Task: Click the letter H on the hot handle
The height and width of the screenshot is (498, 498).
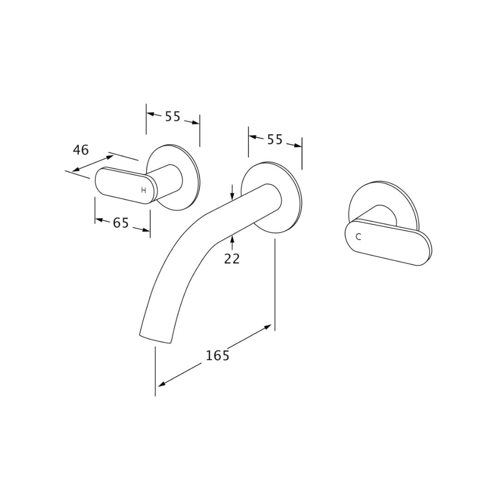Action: click(x=143, y=190)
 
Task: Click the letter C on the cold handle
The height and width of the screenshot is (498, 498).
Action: click(x=359, y=237)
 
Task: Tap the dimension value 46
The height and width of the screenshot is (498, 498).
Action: click(x=81, y=150)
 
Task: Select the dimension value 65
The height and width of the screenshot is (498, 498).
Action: click(x=121, y=223)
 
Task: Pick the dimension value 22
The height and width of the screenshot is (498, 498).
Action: click(x=232, y=259)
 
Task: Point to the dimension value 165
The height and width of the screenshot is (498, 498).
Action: click(x=218, y=356)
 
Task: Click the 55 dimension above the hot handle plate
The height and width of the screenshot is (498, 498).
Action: click(x=173, y=117)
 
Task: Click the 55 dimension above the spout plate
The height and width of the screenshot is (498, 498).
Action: click(x=275, y=139)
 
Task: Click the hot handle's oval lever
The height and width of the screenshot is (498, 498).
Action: click(x=126, y=185)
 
